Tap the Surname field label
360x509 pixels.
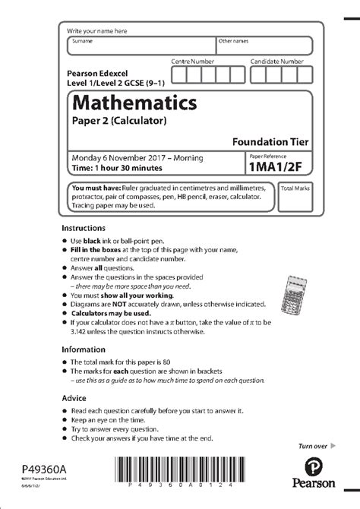[x=81, y=41]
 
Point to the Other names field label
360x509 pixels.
[x=232, y=41]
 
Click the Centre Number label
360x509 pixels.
[x=192, y=60]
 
